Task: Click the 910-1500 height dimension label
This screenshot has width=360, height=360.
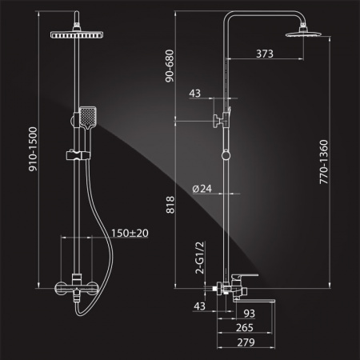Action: pos(34,149)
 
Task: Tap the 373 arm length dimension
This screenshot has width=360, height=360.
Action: pos(265,54)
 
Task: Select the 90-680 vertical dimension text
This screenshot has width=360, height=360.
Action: pos(170,66)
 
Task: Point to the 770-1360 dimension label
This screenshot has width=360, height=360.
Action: pos(323,162)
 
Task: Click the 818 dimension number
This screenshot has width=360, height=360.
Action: pos(170,205)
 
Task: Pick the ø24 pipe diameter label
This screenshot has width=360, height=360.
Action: pos(202,189)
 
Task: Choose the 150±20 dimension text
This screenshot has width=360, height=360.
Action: pos(130,233)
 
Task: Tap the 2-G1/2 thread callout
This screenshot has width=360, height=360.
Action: pos(200,258)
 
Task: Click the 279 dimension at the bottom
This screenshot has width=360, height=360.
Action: pos(246,342)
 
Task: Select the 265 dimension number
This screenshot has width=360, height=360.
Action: pos(245,328)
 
